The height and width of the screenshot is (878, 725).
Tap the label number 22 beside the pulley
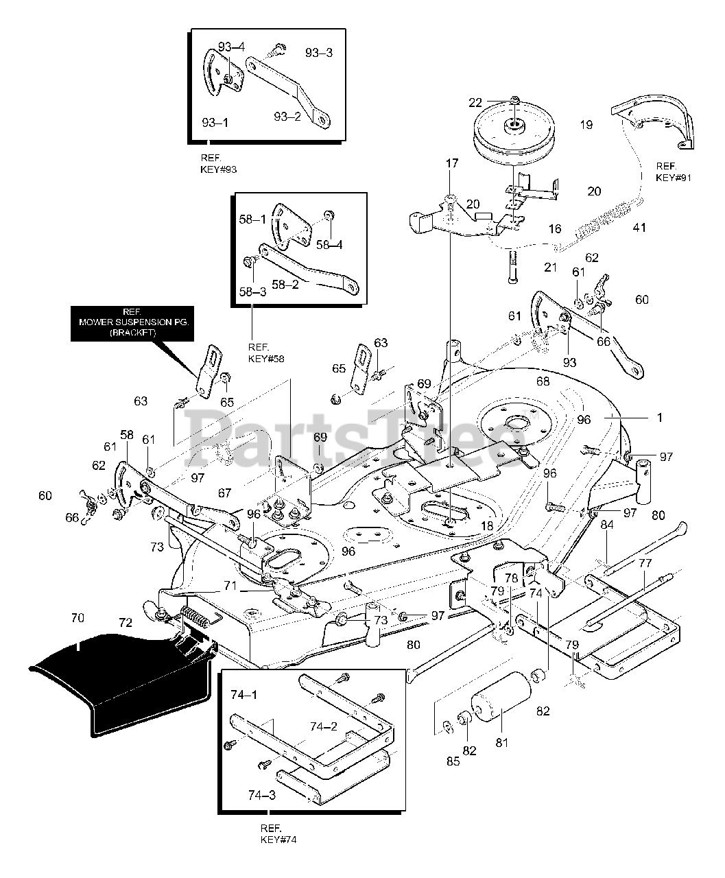(495, 102)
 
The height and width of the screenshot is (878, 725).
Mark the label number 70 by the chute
(78, 618)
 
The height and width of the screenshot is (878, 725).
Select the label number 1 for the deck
(660, 416)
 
